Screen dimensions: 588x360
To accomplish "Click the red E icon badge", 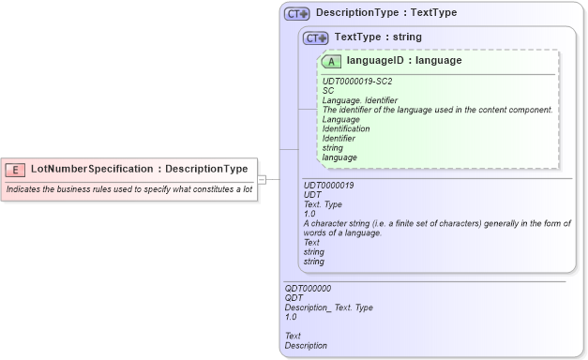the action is [x=15, y=170].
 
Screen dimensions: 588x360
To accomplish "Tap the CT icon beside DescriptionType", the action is [x=296, y=14].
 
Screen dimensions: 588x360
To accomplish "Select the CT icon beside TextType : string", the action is [x=315, y=37].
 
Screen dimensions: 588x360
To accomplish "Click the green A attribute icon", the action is [x=331, y=61].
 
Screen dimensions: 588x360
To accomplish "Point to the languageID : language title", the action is [x=403, y=61].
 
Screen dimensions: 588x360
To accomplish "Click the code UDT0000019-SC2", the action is [x=357, y=82].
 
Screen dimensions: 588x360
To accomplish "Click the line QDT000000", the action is [x=308, y=289].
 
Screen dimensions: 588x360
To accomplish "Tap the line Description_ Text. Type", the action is [x=328, y=307].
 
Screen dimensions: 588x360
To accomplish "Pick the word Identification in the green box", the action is [x=346, y=128].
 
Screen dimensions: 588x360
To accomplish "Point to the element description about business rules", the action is [x=128, y=189].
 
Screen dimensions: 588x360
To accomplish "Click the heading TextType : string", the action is [x=378, y=37].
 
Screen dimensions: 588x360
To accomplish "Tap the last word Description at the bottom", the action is [x=306, y=345].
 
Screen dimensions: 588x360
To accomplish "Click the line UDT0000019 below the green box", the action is [x=329, y=186].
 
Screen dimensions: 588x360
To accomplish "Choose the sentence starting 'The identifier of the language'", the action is [x=437, y=110].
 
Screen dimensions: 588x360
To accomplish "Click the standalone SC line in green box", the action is [x=328, y=91].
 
